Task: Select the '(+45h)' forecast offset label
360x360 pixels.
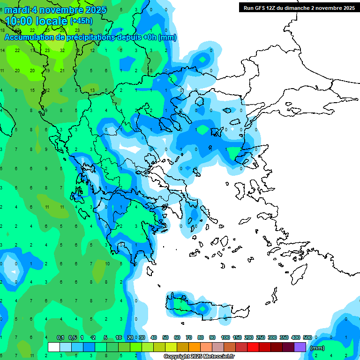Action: (x=81, y=21)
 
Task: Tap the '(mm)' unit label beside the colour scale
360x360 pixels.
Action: (x=317, y=348)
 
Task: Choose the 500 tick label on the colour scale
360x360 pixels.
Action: (x=307, y=337)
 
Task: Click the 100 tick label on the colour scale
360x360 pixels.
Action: (x=225, y=337)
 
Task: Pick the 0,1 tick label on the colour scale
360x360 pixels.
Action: (x=61, y=337)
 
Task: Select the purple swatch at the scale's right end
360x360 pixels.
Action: (x=300, y=347)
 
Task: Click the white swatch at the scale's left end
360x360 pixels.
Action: (x=54, y=347)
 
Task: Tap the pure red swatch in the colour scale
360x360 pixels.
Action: (x=253, y=347)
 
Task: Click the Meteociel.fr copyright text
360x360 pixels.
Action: (x=199, y=357)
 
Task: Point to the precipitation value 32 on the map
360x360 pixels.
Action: (x=62, y=50)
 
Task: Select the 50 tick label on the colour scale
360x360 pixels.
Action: (x=165, y=337)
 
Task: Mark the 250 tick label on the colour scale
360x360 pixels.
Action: (x=261, y=337)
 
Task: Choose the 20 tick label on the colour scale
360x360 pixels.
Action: (x=130, y=337)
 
